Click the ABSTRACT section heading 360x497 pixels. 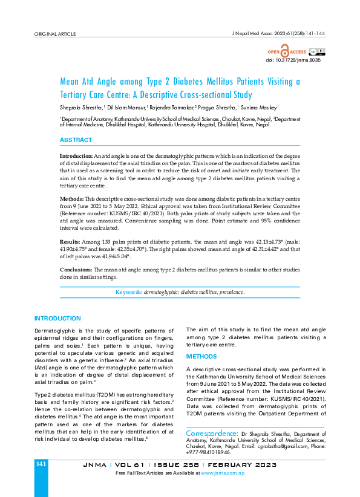(76, 140)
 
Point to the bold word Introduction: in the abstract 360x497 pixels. (76, 156)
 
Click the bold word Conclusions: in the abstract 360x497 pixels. (76, 270)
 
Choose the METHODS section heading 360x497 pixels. (201, 357)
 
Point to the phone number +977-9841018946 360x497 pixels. (208, 451)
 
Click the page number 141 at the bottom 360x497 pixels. (41, 464)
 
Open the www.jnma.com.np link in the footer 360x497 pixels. (223, 472)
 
